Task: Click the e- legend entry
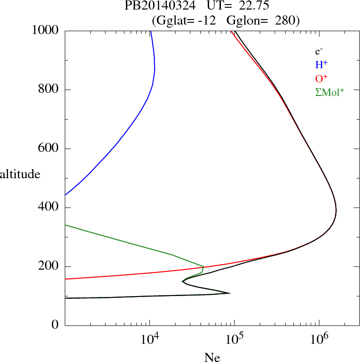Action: point(319,51)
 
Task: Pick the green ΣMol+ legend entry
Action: point(330,92)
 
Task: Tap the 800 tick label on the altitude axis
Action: point(48,90)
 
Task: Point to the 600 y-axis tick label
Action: point(48,149)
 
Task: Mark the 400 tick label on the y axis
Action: point(48,208)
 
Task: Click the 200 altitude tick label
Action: point(48,266)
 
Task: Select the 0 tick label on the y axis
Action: point(55,326)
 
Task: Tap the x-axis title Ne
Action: point(211,357)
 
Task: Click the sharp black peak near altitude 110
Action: point(230,293)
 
